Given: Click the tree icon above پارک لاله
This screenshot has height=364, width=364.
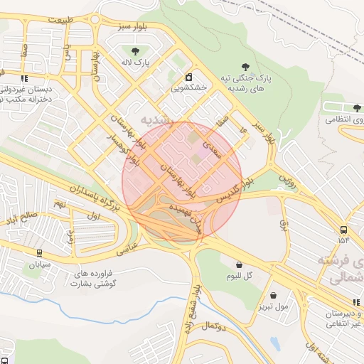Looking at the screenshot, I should point(134,50).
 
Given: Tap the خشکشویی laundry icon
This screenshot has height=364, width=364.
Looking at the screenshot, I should point(188,77).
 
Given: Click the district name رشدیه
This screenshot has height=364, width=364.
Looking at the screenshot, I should point(157,119).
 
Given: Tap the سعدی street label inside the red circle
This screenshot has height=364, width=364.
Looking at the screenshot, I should point(214,149).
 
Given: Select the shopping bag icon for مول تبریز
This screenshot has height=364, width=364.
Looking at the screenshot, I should point(272,295).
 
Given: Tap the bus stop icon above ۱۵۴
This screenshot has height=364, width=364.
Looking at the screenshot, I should point(343,230).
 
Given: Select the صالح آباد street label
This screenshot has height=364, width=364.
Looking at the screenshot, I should point(21,215).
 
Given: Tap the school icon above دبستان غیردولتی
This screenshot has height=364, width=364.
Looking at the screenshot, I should point(24,79).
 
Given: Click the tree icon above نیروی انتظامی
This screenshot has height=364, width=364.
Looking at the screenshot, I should point(357,108).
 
